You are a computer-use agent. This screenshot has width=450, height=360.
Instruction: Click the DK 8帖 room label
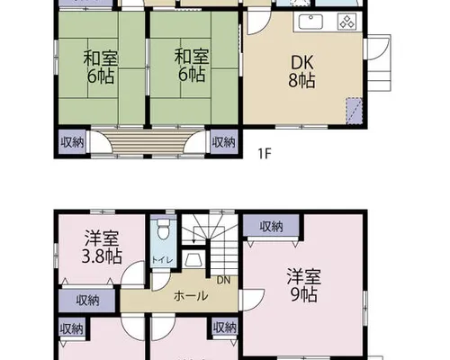click(301, 71)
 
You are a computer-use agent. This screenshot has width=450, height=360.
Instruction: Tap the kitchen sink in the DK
click(310, 22)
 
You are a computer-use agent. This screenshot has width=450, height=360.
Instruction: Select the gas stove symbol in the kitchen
click(346, 22)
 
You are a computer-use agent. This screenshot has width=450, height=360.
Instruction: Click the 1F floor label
click(265, 154)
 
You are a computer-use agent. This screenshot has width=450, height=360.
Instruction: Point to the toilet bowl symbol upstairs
click(163, 229)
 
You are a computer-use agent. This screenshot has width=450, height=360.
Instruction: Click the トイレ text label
click(162, 260)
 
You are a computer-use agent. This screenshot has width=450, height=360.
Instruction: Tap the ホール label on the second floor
click(191, 296)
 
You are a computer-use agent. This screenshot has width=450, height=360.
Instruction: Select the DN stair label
click(223, 280)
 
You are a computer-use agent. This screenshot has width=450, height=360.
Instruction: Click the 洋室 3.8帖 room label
click(102, 247)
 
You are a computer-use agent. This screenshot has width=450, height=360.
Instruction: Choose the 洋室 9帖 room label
click(303, 285)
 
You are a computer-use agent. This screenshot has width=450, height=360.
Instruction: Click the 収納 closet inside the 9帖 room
click(271, 226)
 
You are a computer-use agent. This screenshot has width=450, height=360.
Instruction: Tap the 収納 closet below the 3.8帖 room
click(87, 300)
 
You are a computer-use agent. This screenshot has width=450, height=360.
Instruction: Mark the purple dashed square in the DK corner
click(355, 111)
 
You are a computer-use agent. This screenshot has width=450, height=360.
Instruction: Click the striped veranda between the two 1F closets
click(148, 141)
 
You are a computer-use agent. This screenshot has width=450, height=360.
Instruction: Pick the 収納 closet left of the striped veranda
click(72, 142)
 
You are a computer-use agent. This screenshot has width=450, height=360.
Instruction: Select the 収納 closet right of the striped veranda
click(224, 142)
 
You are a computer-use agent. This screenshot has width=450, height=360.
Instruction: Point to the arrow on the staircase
click(193, 234)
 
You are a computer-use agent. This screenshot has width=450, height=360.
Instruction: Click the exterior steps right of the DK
click(379, 64)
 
